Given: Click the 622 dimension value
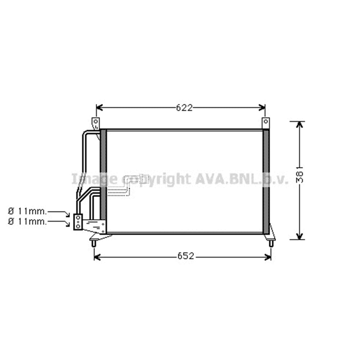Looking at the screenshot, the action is tap(184, 107).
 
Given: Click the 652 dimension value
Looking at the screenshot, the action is tap(186, 256).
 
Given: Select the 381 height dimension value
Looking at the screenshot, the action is tap(300, 175).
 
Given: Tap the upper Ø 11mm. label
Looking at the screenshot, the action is tap(27, 211).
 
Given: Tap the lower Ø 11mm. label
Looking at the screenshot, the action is tap(27, 221).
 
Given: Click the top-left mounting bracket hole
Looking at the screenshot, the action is tap(95, 121).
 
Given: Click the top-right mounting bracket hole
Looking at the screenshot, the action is tap(266, 121).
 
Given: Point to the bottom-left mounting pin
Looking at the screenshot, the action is tap(94, 243).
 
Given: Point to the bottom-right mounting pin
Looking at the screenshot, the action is tap(271, 243).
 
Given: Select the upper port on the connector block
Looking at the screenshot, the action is tap(78, 217).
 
